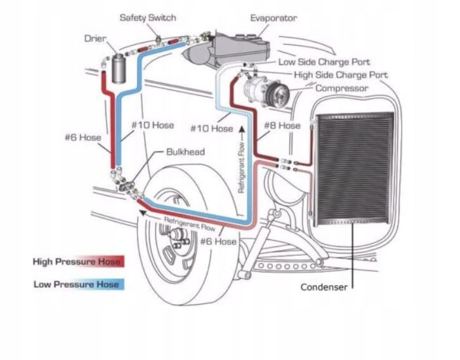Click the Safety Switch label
coord(148,18)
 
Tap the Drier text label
coord(95,39)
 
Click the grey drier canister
coord(119,68)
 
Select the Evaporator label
coord(273,18)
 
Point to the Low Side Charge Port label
coord(324,62)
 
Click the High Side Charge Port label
coord(341,75)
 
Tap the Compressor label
coord(342,88)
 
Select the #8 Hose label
coord(282,126)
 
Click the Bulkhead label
coord(185,152)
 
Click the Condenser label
coord(324,287)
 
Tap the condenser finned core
coord(354,168)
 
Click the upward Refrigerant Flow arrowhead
coord(242,129)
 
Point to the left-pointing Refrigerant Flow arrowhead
coord(143,213)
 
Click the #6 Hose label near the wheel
coord(218,241)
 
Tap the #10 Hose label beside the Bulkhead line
coord(152,125)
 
